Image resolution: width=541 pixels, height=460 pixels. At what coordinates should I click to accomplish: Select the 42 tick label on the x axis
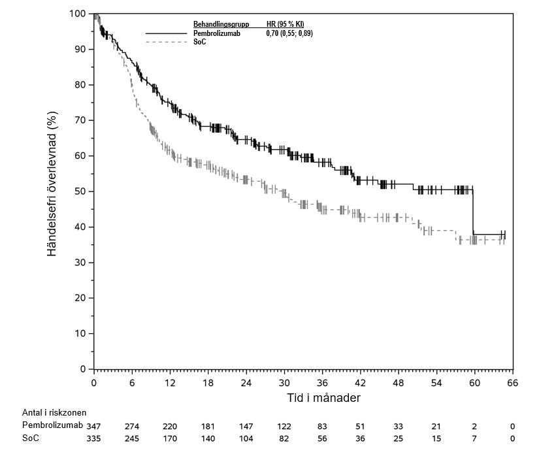point(361,383)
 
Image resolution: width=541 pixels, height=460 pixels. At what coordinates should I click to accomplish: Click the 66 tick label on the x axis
point(513,383)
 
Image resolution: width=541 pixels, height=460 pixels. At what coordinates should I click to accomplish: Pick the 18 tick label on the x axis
point(208,383)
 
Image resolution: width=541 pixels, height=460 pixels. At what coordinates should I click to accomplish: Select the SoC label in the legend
point(199,42)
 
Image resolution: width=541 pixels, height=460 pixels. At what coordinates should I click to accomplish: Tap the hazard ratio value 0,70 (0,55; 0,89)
point(289,33)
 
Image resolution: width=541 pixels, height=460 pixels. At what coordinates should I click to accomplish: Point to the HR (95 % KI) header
point(286,25)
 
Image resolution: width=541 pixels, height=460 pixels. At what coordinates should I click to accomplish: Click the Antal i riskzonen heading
point(54,412)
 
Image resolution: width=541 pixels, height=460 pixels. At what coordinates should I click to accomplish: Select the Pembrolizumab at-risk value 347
point(94,425)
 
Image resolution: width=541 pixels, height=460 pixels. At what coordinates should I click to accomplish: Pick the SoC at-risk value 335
point(94,438)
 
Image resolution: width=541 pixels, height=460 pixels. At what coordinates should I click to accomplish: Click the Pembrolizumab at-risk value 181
point(208,425)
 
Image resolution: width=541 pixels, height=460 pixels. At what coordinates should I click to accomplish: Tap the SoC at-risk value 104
point(246,438)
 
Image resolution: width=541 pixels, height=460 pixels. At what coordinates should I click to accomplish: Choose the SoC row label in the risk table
point(29,438)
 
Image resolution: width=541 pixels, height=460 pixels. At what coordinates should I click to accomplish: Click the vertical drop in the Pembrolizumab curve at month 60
point(474,212)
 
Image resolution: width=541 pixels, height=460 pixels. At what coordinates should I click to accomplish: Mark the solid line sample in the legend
point(167,33)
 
